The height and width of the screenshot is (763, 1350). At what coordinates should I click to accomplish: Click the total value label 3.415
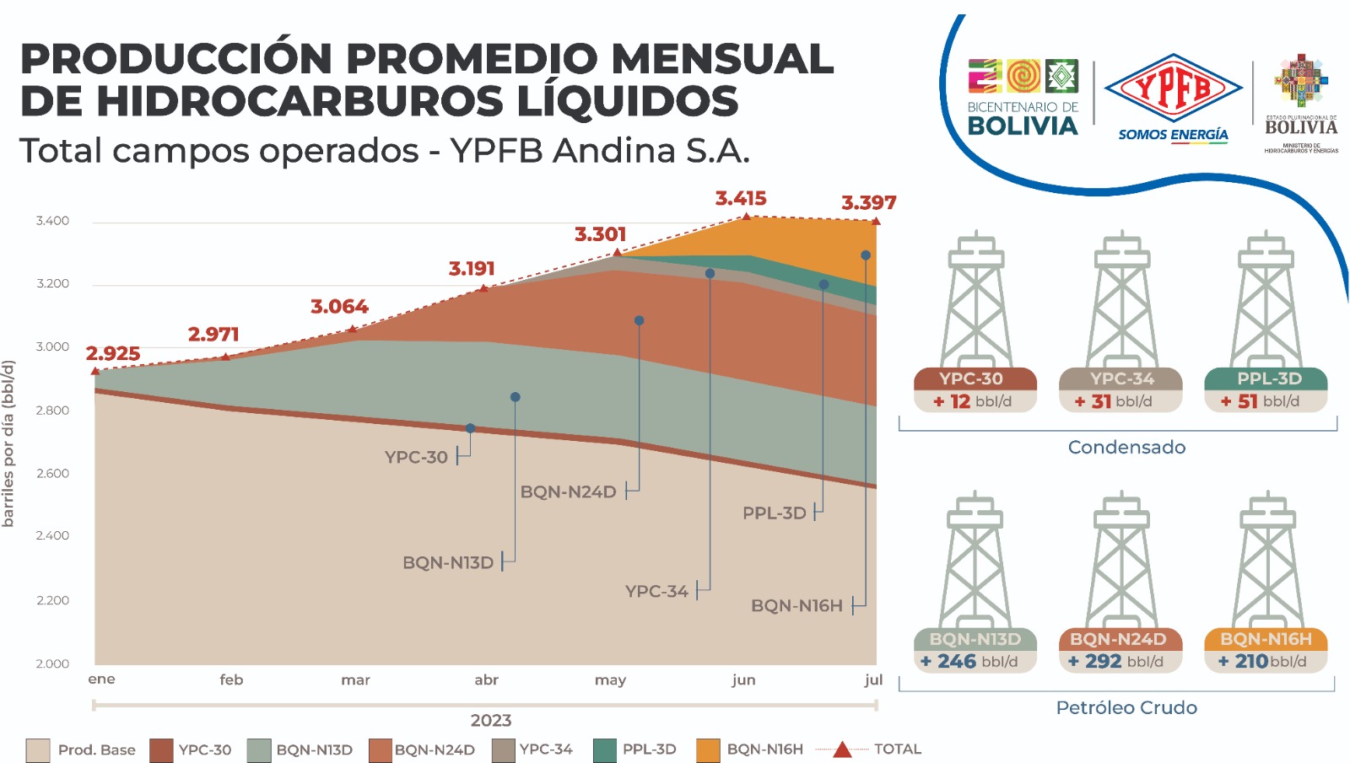point(741,199)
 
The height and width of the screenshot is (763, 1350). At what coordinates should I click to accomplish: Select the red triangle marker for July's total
point(876,221)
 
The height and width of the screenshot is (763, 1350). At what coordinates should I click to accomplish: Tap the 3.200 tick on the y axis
point(52,283)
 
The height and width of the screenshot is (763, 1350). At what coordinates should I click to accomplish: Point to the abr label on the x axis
point(486,680)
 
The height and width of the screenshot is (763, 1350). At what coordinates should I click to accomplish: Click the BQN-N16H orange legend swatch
point(708,750)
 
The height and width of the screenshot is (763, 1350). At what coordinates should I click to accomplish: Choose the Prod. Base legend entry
point(81,750)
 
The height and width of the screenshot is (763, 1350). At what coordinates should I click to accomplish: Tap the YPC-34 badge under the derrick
point(1121,379)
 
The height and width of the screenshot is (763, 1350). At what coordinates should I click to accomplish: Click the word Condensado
point(1126,448)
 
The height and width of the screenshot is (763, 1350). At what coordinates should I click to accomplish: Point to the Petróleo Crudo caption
point(1126,708)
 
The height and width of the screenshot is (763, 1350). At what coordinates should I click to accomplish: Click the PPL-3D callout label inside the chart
point(774,513)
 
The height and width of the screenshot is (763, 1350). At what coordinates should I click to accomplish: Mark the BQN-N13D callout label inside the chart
point(447,562)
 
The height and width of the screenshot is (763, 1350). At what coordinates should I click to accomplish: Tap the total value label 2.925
point(113,353)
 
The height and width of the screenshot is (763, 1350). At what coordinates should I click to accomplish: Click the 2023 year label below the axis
point(491,721)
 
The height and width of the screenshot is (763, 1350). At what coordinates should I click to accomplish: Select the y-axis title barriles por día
point(8,443)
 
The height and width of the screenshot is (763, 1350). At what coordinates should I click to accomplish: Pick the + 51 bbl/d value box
point(1266,401)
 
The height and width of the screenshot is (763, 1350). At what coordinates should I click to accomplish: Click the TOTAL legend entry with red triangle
point(877,750)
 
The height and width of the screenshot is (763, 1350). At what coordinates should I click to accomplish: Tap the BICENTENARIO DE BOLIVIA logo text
point(1023,118)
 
